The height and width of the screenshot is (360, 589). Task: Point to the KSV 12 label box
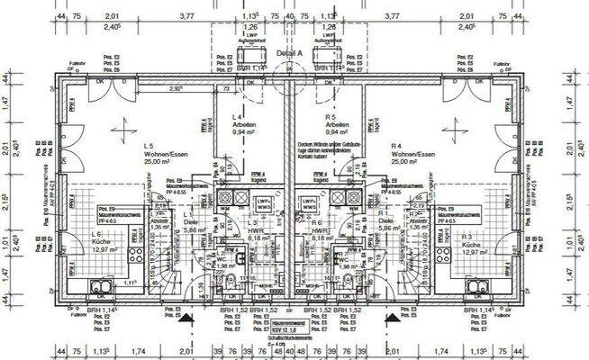291,330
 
